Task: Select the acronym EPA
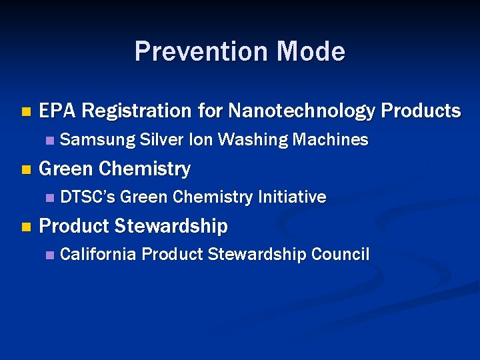[x=59, y=111]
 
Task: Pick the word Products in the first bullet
[x=421, y=111]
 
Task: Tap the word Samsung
[x=96, y=140]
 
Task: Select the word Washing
[x=253, y=140]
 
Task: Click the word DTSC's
[x=87, y=197]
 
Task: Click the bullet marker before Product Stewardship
[x=25, y=227]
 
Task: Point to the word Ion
[x=201, y=140]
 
